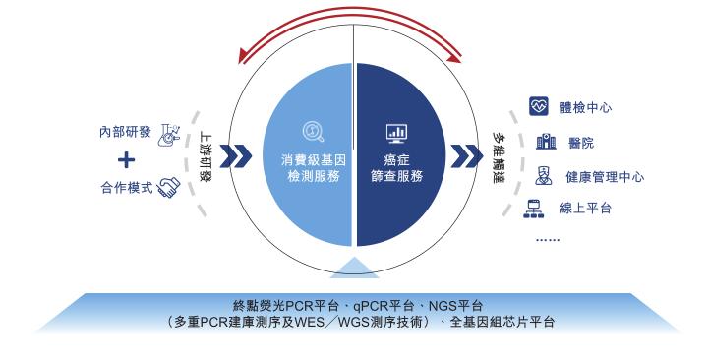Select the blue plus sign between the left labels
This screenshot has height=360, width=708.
(x=125, y=158)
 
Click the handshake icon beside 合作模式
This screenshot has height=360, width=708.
(x=169, y=185)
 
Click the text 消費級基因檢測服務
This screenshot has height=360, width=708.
(x=309, y=168)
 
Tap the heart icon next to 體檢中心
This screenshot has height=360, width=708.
(x=537, y=105)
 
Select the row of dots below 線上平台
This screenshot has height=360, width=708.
(x=548, y=239)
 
